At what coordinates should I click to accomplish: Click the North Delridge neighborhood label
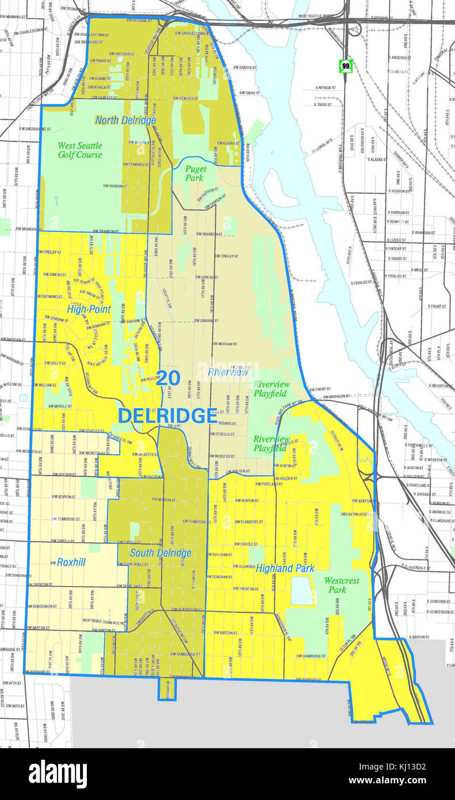coord(125,120)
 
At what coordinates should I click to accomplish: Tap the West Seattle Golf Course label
coord(80,150)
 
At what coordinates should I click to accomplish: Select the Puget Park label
coord(196,173)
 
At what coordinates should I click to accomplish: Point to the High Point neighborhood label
coord(89,309)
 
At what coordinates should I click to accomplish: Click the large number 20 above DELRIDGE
coord(169,378)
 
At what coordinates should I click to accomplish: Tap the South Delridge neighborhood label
coord(160,553)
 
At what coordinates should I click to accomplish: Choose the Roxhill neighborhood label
coord(71,562)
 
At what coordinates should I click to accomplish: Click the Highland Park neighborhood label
coord(285,568)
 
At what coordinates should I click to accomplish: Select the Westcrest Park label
coord(341,585)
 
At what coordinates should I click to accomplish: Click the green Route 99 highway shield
coord(345,66)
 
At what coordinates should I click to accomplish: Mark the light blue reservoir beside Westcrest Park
coord(302,591)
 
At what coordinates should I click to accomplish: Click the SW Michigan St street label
coord(338,397)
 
